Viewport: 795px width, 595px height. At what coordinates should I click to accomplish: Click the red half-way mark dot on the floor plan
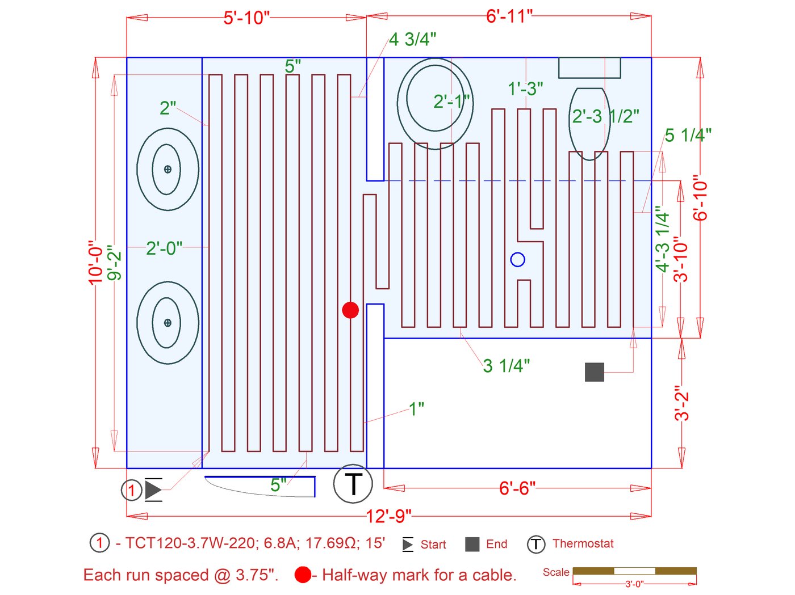pos(350,310)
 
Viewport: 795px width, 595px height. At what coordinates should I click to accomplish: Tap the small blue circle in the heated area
pos(517,260)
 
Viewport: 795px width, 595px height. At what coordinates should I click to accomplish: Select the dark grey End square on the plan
pos(595,372)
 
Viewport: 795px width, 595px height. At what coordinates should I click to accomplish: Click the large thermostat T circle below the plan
pos(353,484)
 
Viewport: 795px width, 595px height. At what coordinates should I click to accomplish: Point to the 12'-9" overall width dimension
pos(388,516)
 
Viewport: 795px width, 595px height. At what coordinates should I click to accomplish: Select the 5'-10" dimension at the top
pos(246,18)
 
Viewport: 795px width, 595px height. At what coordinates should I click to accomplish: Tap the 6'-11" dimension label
pos(509,16)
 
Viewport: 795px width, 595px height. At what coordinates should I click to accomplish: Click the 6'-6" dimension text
pos(517,488)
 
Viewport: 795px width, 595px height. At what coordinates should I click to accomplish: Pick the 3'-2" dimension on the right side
pos(681,403)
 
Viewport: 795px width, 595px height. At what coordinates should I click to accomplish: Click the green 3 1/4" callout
pos(506,366)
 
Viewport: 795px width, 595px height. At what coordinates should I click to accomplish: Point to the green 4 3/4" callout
pos(412,39)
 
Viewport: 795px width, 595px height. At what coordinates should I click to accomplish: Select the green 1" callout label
pos(416,408)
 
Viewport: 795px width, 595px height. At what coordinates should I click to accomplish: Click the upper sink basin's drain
pos(168,169)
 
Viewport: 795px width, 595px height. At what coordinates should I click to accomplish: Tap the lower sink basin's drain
pos(168,323)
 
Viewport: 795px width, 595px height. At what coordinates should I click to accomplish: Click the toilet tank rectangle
pos(589,67)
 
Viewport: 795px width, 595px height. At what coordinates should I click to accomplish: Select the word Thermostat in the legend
pos(583,543)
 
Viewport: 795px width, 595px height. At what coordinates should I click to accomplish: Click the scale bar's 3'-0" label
pos(634,584)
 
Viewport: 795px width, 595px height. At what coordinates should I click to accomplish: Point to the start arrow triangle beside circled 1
pos(153,489)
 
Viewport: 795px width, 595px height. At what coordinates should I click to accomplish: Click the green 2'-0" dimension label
pos(164,248)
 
